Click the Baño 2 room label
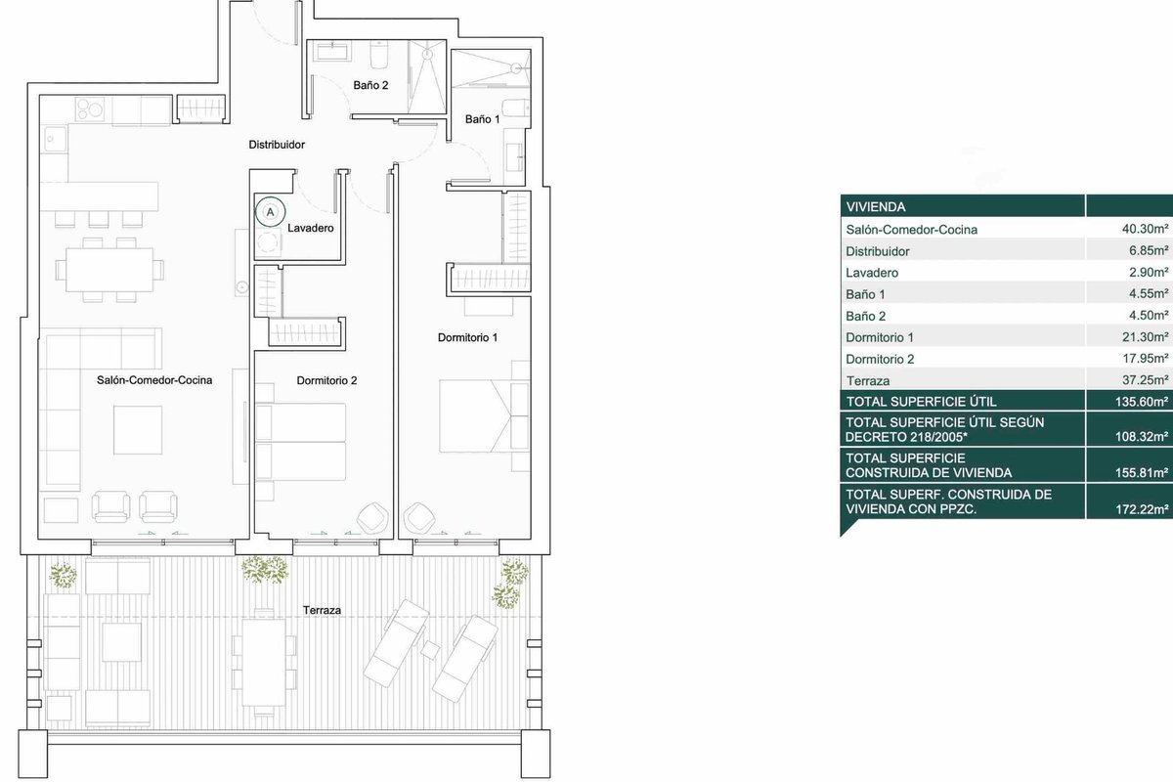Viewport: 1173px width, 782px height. [x=370, y=85]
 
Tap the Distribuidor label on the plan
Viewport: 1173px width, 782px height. [x=277, y=145]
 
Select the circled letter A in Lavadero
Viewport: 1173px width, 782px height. [x=270, y=212]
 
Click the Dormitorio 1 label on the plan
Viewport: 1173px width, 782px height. [x=467, y=338]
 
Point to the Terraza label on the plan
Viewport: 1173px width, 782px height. [x=322, y=610]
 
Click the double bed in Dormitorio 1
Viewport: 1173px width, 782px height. [x=484, y=415]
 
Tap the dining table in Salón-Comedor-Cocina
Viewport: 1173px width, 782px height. [x=109, y=270]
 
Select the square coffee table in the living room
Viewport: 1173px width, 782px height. [x=138, y=430]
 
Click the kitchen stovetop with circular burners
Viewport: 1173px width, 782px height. [x=90, y=109]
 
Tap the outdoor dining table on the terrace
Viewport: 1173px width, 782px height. [x=264, y=663]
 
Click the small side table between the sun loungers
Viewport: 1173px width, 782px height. [x=430, y=649]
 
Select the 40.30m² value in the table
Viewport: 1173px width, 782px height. [x=1145, y=229]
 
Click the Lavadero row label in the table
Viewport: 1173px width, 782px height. [x=872, y=273]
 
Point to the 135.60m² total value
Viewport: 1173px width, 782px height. [x=1142, y=402]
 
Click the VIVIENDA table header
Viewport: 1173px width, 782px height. [x=876, y=207]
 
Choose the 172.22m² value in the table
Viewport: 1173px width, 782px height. [x=1142, y=509]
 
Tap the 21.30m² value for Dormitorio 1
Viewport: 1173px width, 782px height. [x=1145, y=337]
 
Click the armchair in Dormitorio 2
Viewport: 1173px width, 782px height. [x=372, y=518]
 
